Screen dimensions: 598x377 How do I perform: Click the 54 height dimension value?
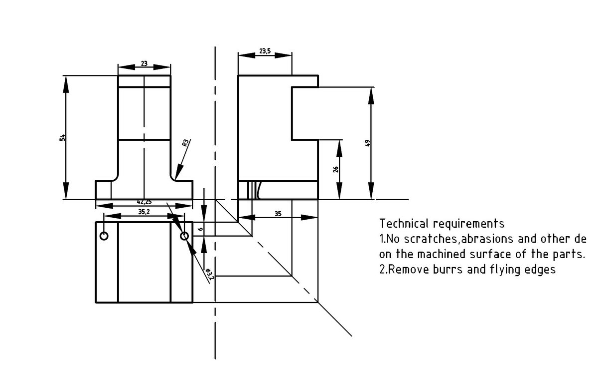point(62,137)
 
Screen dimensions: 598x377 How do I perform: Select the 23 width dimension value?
point(144,63)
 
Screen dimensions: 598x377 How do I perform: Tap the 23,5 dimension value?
point(265,51)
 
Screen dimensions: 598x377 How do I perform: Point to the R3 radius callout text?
point(185,143)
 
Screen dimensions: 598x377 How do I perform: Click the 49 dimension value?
point(367,143)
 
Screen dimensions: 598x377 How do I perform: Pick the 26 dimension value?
point(336,169)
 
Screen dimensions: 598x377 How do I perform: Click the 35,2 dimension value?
point(144,212)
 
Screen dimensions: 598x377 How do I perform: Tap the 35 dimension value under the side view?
point(278,214)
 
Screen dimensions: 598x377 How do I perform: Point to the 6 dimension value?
point(201,229)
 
